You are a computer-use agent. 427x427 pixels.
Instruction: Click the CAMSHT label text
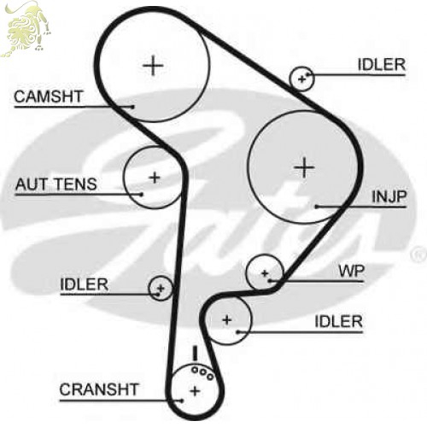pyautogui.click(x=49, y=97)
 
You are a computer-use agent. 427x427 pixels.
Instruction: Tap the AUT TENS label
pyautogui.click(x=56, y=184)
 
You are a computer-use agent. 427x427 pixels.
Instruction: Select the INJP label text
pyautogui.click(x=389, y=196)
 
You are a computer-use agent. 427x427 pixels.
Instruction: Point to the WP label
pyautogui.click(x=352, y=271)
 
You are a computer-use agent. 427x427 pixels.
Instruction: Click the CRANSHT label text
pyautogui.click(x=99, y=389)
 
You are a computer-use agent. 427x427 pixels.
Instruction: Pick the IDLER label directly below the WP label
pyautogui.click(x=339, y=322)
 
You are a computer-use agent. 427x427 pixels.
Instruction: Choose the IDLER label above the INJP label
pyautogui.click(x=382, y=65)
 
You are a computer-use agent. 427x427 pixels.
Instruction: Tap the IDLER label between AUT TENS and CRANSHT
pyautogui.click(x=85, y=284)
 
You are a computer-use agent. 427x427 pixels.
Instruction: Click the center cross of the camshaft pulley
pyautogui.click(x=153, y=66)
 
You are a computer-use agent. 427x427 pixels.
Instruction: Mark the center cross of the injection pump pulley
pyautogui.click(x=304, y=167)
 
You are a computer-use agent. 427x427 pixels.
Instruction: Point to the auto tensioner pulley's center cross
pyautogui.click(x=155, y=178)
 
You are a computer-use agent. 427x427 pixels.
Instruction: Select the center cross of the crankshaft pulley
pyautogui.click(x=195, y=391)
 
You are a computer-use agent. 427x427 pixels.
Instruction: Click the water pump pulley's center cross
pyautogui.click(x=265, y=273)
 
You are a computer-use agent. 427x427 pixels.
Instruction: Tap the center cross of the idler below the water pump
pyautogui.click(x=227, y=320)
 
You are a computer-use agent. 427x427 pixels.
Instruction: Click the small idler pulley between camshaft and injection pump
pyautogui.click(x=301, y=79)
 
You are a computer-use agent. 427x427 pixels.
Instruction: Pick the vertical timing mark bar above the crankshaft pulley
pyautogui.click(x=195, y=354)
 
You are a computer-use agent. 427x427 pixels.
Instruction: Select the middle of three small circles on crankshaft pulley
pyautogui.click(x=202, y=372)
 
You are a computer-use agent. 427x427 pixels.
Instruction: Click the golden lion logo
pyautogui.click(x=26, y=28)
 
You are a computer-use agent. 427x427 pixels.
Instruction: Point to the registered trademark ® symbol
pyautogui.click(x=418, y=254)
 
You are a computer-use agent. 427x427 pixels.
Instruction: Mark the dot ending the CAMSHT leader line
pyautogui.click(x=132, y=107)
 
